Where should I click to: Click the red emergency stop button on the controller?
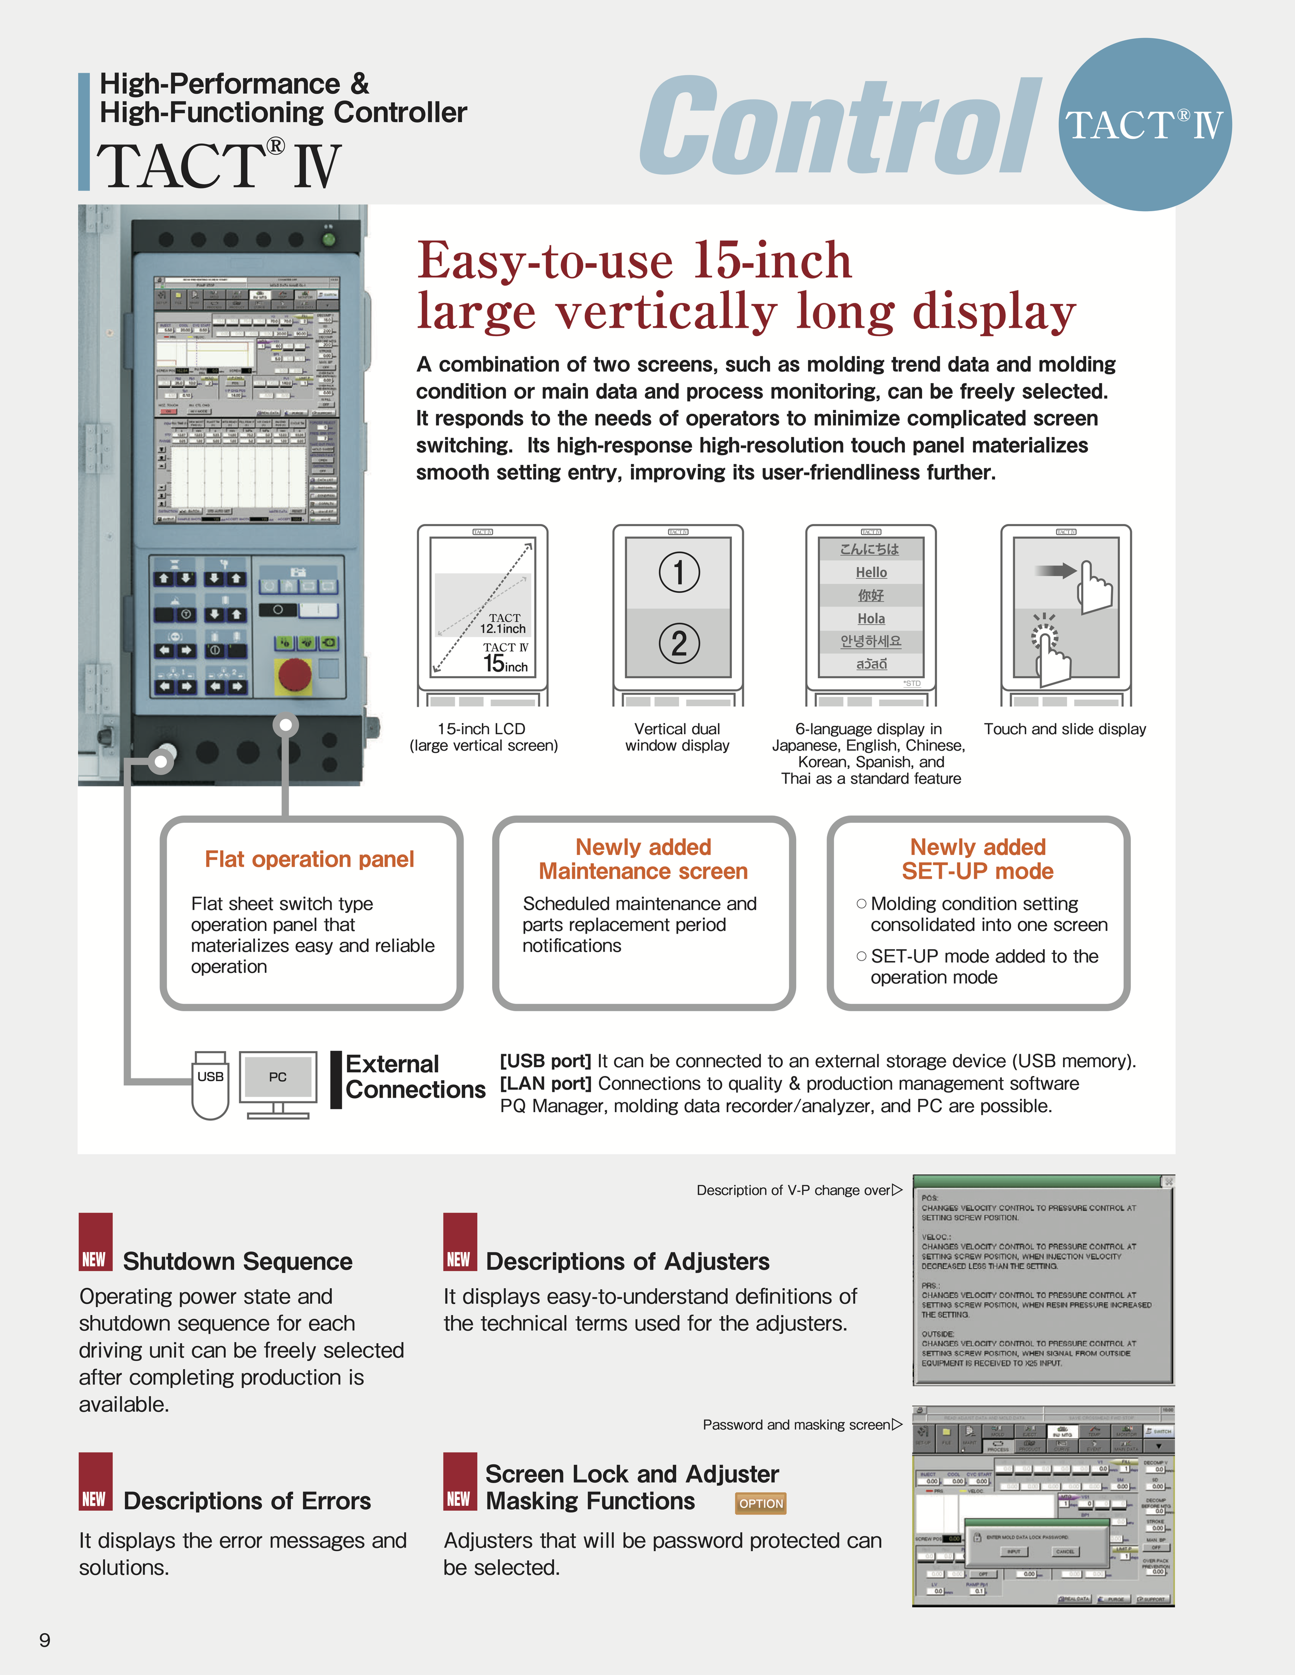(294, 675)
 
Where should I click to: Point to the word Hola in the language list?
(871, 618)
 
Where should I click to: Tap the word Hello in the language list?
(871, 572)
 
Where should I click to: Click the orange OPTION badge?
(760, 1503)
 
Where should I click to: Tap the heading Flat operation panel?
(309, 859)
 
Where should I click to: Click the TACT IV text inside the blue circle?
(1143, 125)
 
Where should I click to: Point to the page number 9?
(45, 1640)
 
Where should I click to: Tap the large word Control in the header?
(840, 126)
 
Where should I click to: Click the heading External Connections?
(415, 1077)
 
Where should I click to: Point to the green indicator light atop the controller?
(328, 239)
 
